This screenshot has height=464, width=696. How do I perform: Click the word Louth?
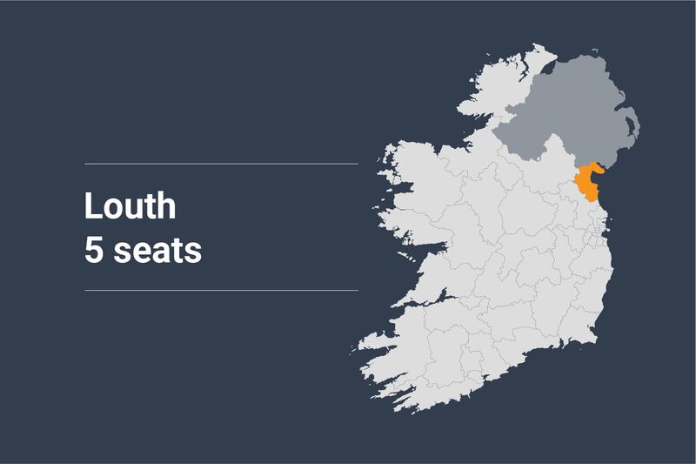coord(130,207)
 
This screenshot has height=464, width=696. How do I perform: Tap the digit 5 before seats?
coord(93,251)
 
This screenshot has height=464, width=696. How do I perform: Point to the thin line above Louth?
coord(221,164)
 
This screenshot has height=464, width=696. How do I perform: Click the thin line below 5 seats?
coord(221,290)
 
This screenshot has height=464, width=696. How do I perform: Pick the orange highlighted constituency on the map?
coord(586,181)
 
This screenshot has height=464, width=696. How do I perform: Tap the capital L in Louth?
coord(91,207)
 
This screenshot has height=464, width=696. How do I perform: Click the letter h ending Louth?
coord(166,207)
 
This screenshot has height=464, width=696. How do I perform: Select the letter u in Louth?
coord(133,209)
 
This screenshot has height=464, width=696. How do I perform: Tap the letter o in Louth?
coord(111,209)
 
